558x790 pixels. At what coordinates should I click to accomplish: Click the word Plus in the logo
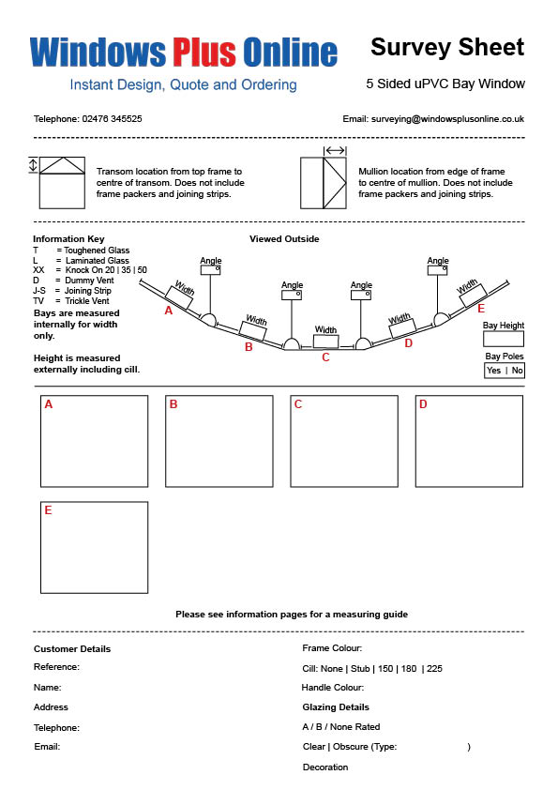(x=204, y=52)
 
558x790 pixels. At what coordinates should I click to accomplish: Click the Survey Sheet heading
(x=447, y=47)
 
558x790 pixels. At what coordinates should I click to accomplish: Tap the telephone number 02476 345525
(x=112, y=119)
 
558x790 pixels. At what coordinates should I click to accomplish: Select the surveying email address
(x=447, y=119)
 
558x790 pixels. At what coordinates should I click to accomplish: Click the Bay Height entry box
(x=503, y=339)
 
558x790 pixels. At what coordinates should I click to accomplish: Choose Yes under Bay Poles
(x=493, y=371)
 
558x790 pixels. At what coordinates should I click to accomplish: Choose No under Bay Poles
(x=518, y=371)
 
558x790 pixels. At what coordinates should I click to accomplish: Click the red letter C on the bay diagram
(x=325, y=357)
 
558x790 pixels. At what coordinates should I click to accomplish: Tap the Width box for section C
(x=325, y=342)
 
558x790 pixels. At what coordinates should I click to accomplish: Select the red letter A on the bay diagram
(x=169, y=311)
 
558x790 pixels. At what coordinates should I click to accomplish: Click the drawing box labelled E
(x=94, y=548)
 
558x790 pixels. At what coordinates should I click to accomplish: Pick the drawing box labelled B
(x=219, y=441)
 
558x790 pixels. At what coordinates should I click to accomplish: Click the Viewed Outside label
(x=284, y=239)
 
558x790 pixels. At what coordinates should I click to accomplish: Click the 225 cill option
(x=434, y=669)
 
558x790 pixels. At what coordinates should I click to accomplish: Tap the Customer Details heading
(x=72, y=649)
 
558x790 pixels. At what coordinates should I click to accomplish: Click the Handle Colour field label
(x=332, y=687)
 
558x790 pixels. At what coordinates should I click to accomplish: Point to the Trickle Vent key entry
(x=71, y=301)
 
